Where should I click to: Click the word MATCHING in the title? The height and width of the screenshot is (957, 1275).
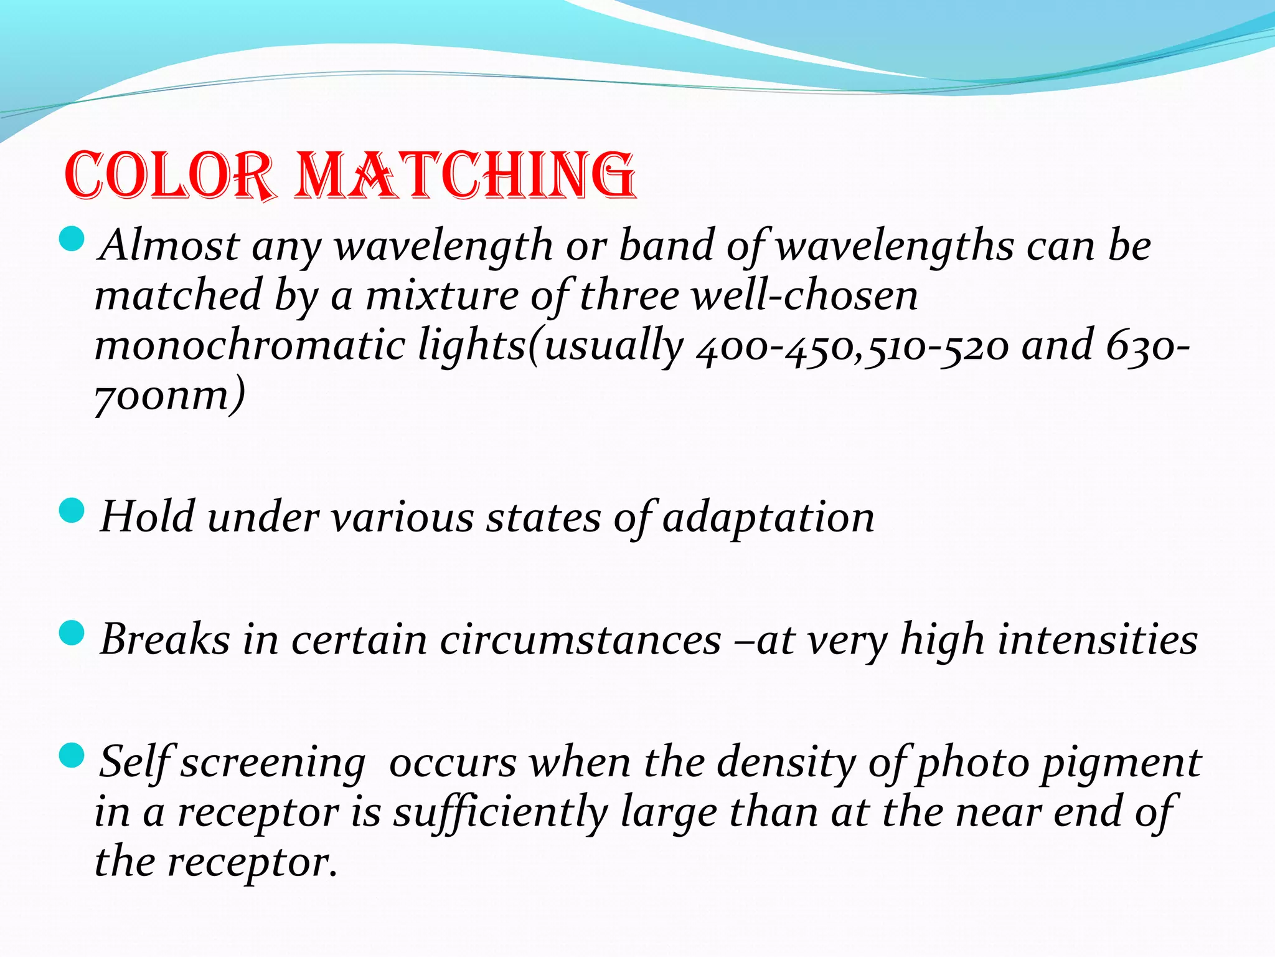(x=466, y=176)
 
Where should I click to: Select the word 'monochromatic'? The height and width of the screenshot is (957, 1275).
(x=249, y=346)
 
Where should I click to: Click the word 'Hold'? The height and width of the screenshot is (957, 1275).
(x=147, y=517)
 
